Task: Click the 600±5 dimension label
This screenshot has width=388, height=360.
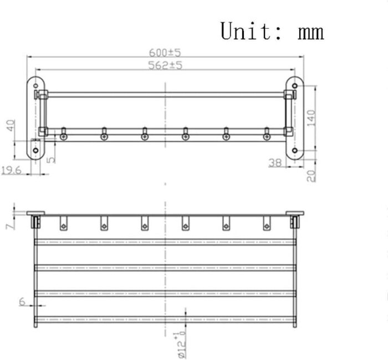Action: coord(165,53)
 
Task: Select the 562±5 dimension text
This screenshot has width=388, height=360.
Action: coord(165,65)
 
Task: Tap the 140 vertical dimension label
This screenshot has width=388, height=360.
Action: coord(312,118)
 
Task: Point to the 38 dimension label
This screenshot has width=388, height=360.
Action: coord(275,163)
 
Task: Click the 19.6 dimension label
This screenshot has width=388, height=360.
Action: coord(12,171)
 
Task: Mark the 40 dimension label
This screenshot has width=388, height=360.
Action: coord(11,126)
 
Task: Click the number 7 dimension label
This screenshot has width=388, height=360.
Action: coord(11,226)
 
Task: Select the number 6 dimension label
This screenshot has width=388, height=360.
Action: coord(22,301)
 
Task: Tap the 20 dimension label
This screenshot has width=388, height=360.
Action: coord(312,176)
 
